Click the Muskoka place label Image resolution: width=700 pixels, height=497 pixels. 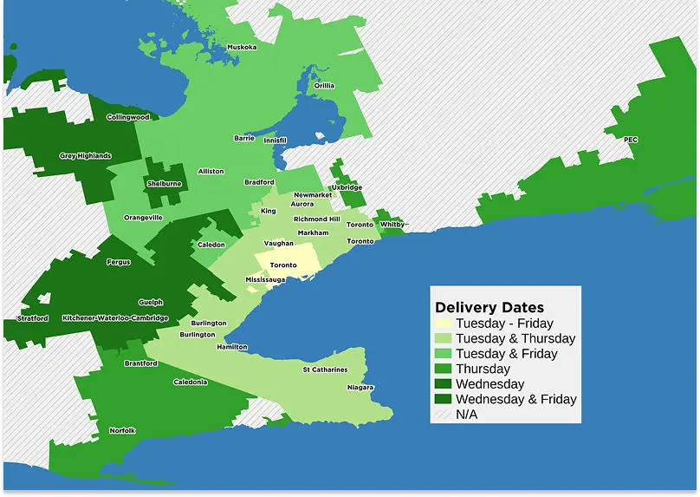[x=242, y=47]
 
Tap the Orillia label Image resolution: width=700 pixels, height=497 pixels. [x=324, y=86]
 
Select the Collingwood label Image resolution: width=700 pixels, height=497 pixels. [x=128, y=117]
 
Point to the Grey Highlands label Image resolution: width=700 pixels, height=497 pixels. [x=85, y=156]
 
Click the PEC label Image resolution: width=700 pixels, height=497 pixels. [x=631, y=140]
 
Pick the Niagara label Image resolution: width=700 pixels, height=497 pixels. [x=360, y=388]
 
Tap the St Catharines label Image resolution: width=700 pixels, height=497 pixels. [x=325, y=370]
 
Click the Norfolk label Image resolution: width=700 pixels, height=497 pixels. [x=122, y=431]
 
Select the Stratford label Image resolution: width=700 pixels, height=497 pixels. [x=32, y=318]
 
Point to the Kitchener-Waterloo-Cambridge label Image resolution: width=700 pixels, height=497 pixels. [x=115, y=318]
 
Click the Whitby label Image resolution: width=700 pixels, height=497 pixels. [x=392, y=225]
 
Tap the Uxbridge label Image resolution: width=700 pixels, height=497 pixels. [x=347, y=187]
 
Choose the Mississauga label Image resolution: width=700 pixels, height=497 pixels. [x=265, y=280]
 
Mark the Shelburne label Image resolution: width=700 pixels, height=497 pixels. [x=164, y=184]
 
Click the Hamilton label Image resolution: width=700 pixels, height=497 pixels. [x=232, y=347]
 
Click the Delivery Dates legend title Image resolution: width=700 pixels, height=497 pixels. [x=489, y=307]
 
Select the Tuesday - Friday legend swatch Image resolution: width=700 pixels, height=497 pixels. [x=443, y=324]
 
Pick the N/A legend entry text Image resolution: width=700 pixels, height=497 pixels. [x=466, y=415]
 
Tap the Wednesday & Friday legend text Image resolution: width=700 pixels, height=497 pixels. [x=515, y=399]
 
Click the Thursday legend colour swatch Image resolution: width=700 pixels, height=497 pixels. [x=443, y=369]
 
